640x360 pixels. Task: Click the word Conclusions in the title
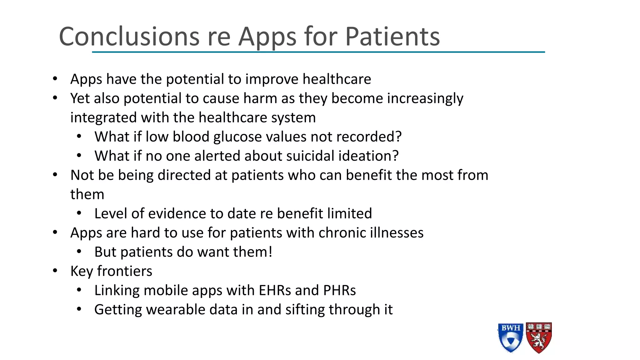pos(129,37)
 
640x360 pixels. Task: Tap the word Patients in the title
pos(392,37)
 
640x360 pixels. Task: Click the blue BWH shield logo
pos(510,338)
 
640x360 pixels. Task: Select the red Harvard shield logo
pos(539,338)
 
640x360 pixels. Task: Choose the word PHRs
pos(339,290)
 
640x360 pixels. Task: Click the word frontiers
pos(124,271)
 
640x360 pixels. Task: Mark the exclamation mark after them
pos(270,252)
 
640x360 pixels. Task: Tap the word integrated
pos(103,118)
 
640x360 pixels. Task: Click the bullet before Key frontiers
pos(55,271)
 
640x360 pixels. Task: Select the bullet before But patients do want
pos(79,252)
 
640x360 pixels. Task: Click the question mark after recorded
pos(398,137)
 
